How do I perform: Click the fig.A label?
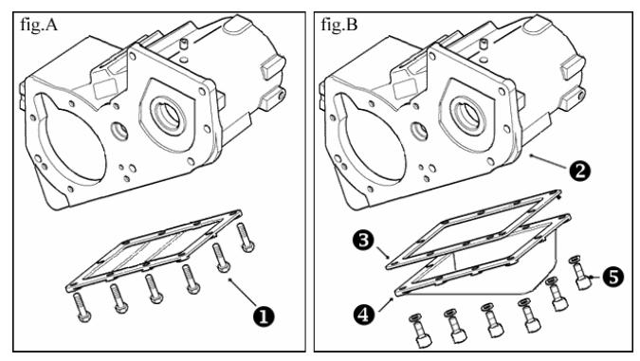[x=39, y=26]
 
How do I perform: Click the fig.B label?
[x=339, y=25]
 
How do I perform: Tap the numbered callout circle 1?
[x=264, y=316]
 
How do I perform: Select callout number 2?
[x=579, y=171]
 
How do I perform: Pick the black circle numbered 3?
[x=363, y=241]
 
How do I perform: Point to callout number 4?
[x=364, y=315]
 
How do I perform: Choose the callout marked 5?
[x=613, y=277]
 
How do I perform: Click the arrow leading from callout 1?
[x=243, y=291]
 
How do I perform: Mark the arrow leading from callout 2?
[x=549, y=161]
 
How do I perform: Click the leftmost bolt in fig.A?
[x=82, y=307]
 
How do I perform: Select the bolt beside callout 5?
[x=580, y=273]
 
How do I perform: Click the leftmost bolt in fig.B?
[x=420, y=331]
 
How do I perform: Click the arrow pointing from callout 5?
[x=595, y=278]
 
